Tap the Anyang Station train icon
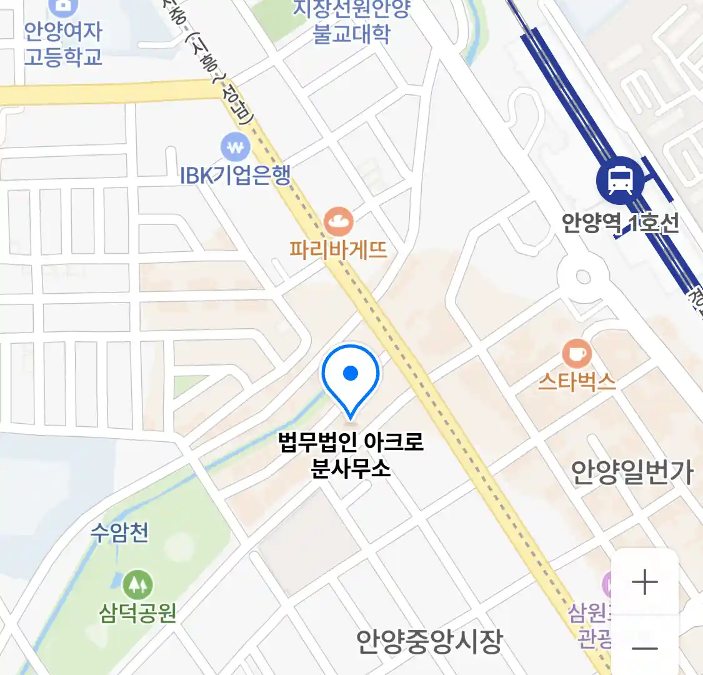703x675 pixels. click(x=620, y=181)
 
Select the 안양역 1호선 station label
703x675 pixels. click(x=620, y=223)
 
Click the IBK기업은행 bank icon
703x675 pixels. click(x=236, y=148)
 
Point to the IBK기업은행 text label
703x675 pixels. click(x=236, y=176)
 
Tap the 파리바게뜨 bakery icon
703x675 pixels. click(x=339, y=221)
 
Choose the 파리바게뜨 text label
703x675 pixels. click(x=339, y=250)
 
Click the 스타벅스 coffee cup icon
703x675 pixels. click(x=577, y=354)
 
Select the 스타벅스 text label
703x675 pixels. click(x=577, y=381)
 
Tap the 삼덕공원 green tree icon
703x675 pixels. click(x=137, y=584)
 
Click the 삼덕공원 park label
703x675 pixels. click(x=137, y=612)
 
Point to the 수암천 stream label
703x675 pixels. click(x=119, y=532)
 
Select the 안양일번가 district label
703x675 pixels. click(x=632, y=472)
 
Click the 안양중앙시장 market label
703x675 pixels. click(x=429, y=641)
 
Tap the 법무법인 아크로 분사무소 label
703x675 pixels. click(x=351, y=454)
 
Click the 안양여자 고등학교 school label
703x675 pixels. click(x=62, y=44)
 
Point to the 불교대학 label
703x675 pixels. click(x=352, y=32)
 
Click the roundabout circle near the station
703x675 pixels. click(x=583, y=276)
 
